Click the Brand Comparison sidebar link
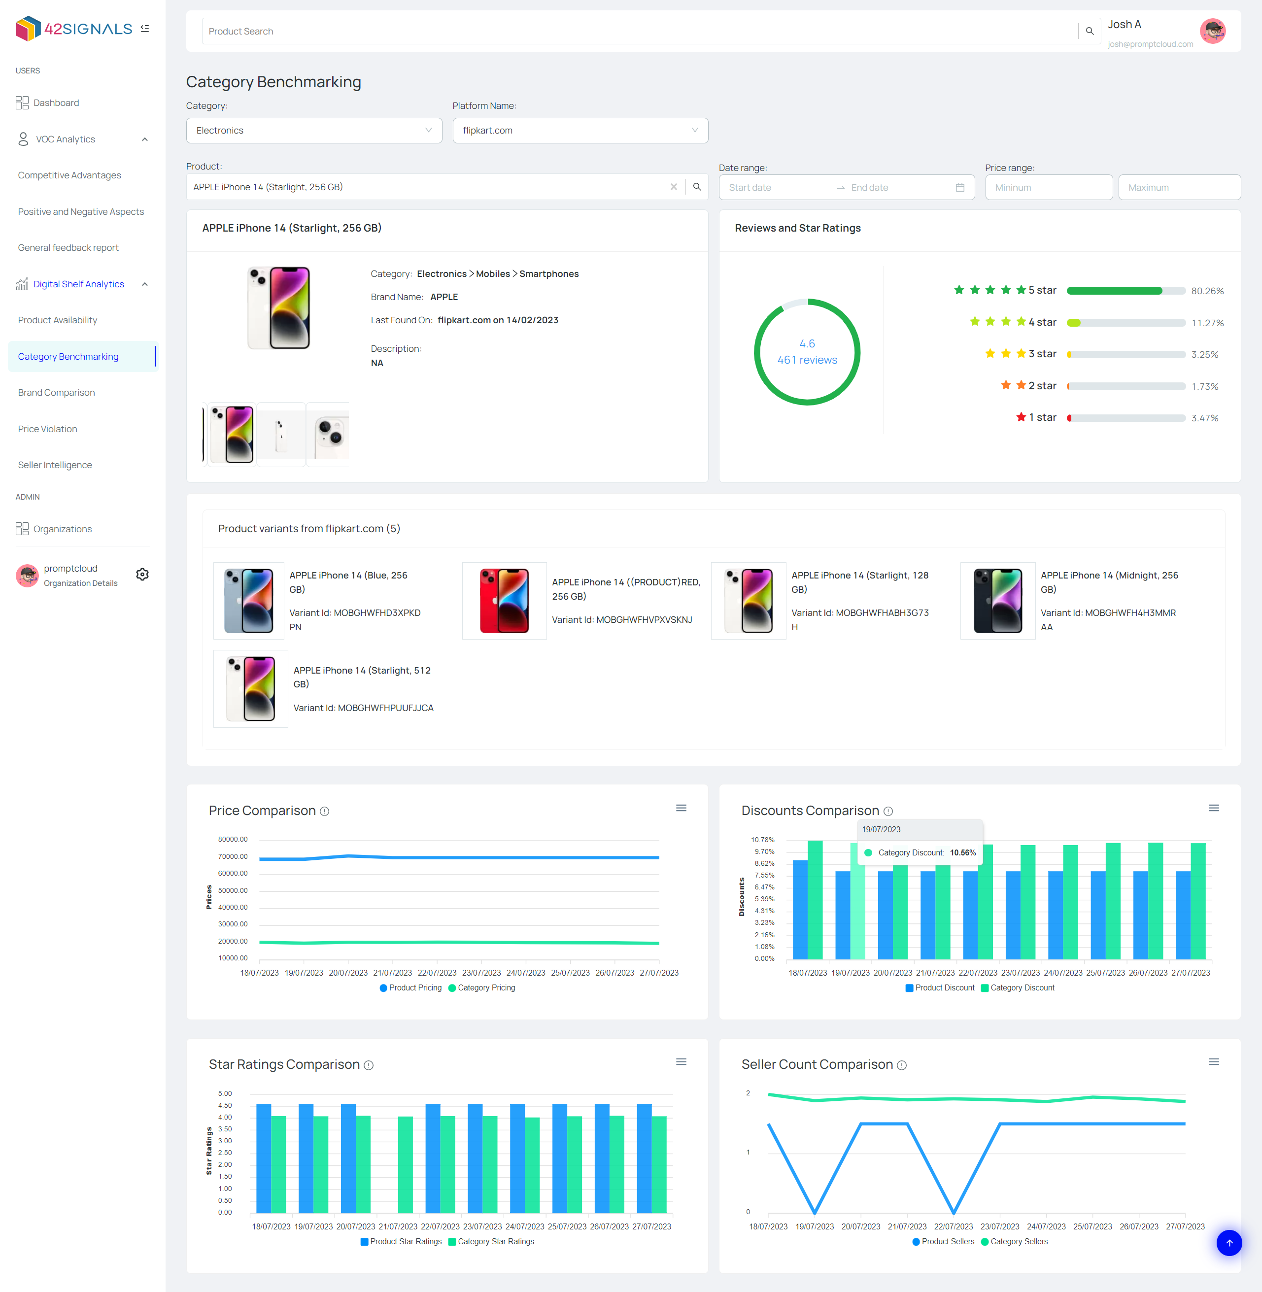56,392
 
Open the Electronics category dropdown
313,131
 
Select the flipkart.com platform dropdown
580,131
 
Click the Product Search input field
640,31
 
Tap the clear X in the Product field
674,187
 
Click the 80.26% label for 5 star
1207,291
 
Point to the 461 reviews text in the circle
807,360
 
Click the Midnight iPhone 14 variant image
997,601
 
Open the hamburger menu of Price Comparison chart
681,808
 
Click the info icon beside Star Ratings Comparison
369,1065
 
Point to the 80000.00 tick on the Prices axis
233,839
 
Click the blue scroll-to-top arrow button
1229,1243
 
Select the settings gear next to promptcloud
142,575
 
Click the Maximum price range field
1179,188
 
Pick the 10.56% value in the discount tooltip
962,852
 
